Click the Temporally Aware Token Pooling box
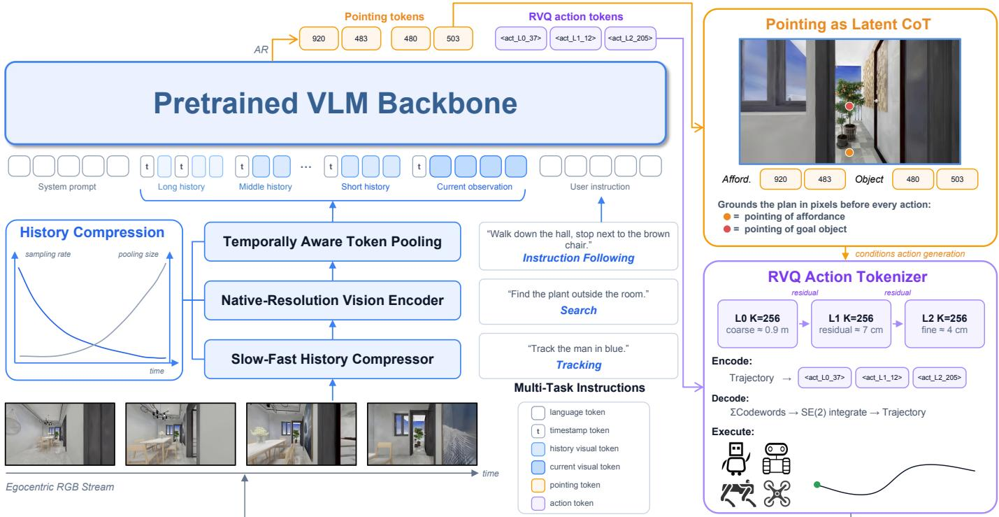point(332,241)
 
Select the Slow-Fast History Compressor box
point(332,359)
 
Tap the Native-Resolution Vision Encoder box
point(332,300)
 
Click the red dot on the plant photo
point(849,106)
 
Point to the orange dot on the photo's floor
point(849,153)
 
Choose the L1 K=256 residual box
point(851,324)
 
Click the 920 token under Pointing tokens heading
point(318,38)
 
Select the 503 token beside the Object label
point(956,179)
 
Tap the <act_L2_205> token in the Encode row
point(940,378)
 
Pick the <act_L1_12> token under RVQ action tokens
point(575,38)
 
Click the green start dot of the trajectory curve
point(817,485)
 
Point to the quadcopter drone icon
point(777,494)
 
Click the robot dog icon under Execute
point(738,494)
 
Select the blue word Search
point(578,311)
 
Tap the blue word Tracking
point(578,364)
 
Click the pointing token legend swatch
point(538,485)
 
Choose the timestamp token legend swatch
point(538,430)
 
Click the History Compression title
point(92,232)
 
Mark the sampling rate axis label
point(48,254)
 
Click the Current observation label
point(475,187)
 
